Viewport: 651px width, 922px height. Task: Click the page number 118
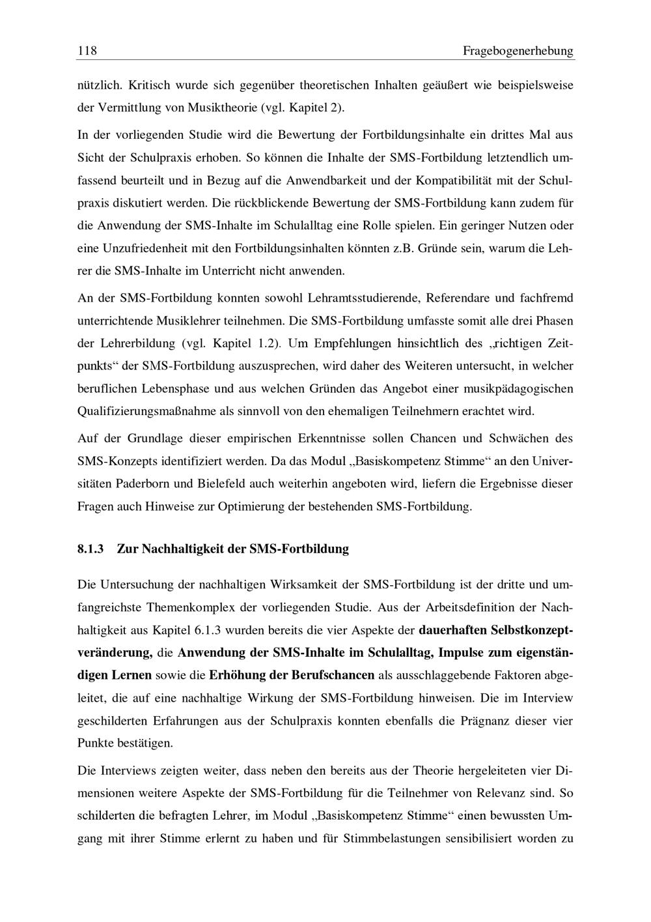(x=87, y=51)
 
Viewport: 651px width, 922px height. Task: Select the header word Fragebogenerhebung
(x=518, y=51)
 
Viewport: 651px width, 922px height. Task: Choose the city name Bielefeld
(x=206, y=483)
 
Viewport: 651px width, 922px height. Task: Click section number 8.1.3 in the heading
(x=90, y=549)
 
